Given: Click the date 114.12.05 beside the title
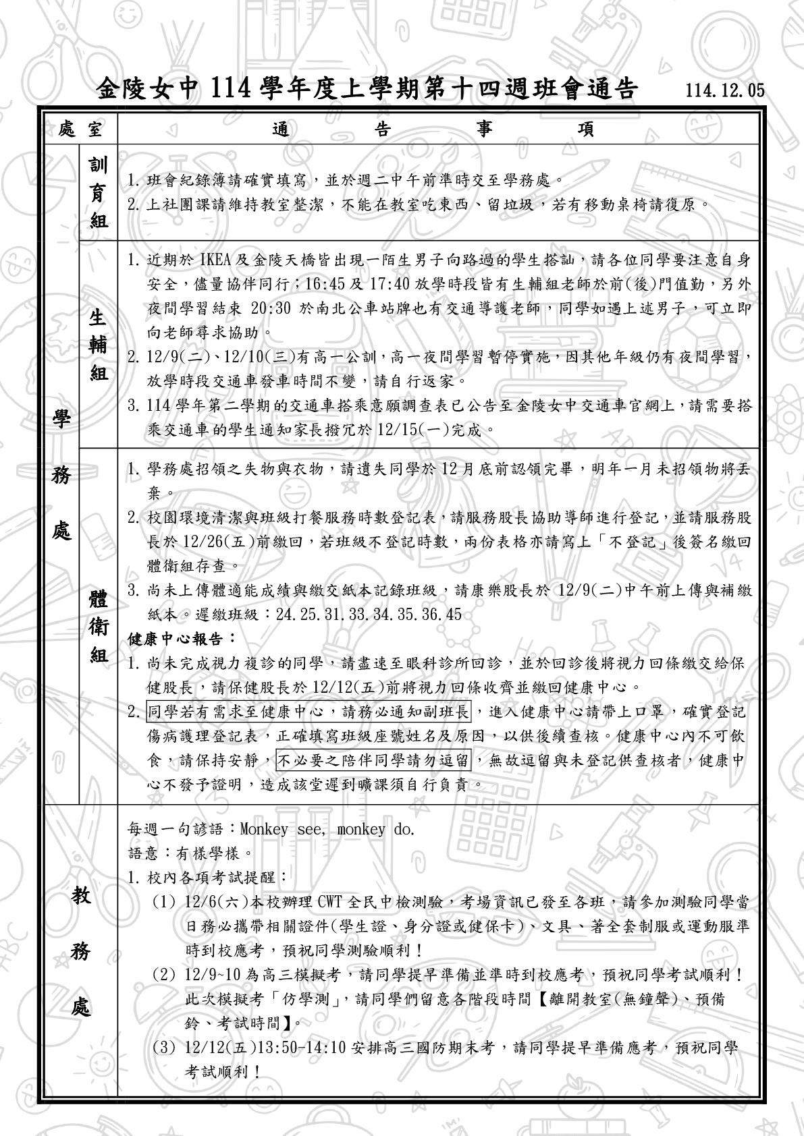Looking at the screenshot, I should point(724,90).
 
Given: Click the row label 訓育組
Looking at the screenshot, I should point(99,192).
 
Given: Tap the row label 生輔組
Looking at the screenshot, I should point(99,345).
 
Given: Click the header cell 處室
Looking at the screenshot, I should point(80,129).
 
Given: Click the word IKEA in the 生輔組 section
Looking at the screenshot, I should point(215,260).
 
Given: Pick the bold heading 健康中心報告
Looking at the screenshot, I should point(182,637).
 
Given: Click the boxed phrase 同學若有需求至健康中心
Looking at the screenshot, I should point(309,712).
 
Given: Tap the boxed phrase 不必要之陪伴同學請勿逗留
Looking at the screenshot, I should point(374,760).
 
